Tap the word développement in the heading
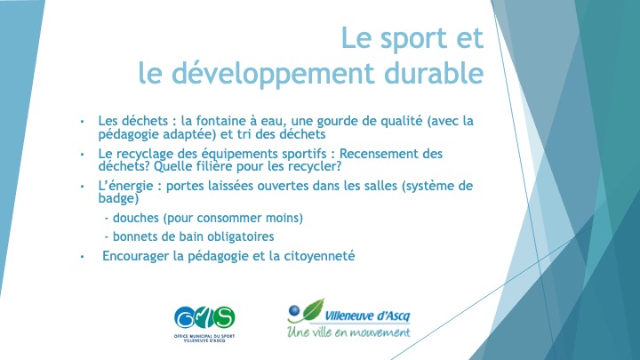coord(273,76)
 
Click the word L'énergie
coord(125,186)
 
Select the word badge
coord(118,198)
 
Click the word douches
coord(136,218)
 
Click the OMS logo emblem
coord(204,317)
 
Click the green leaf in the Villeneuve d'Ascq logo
coord(313,310)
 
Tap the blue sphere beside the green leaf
coord(294,311)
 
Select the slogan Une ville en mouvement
coord(348,332)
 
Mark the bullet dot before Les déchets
coord(82,121)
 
